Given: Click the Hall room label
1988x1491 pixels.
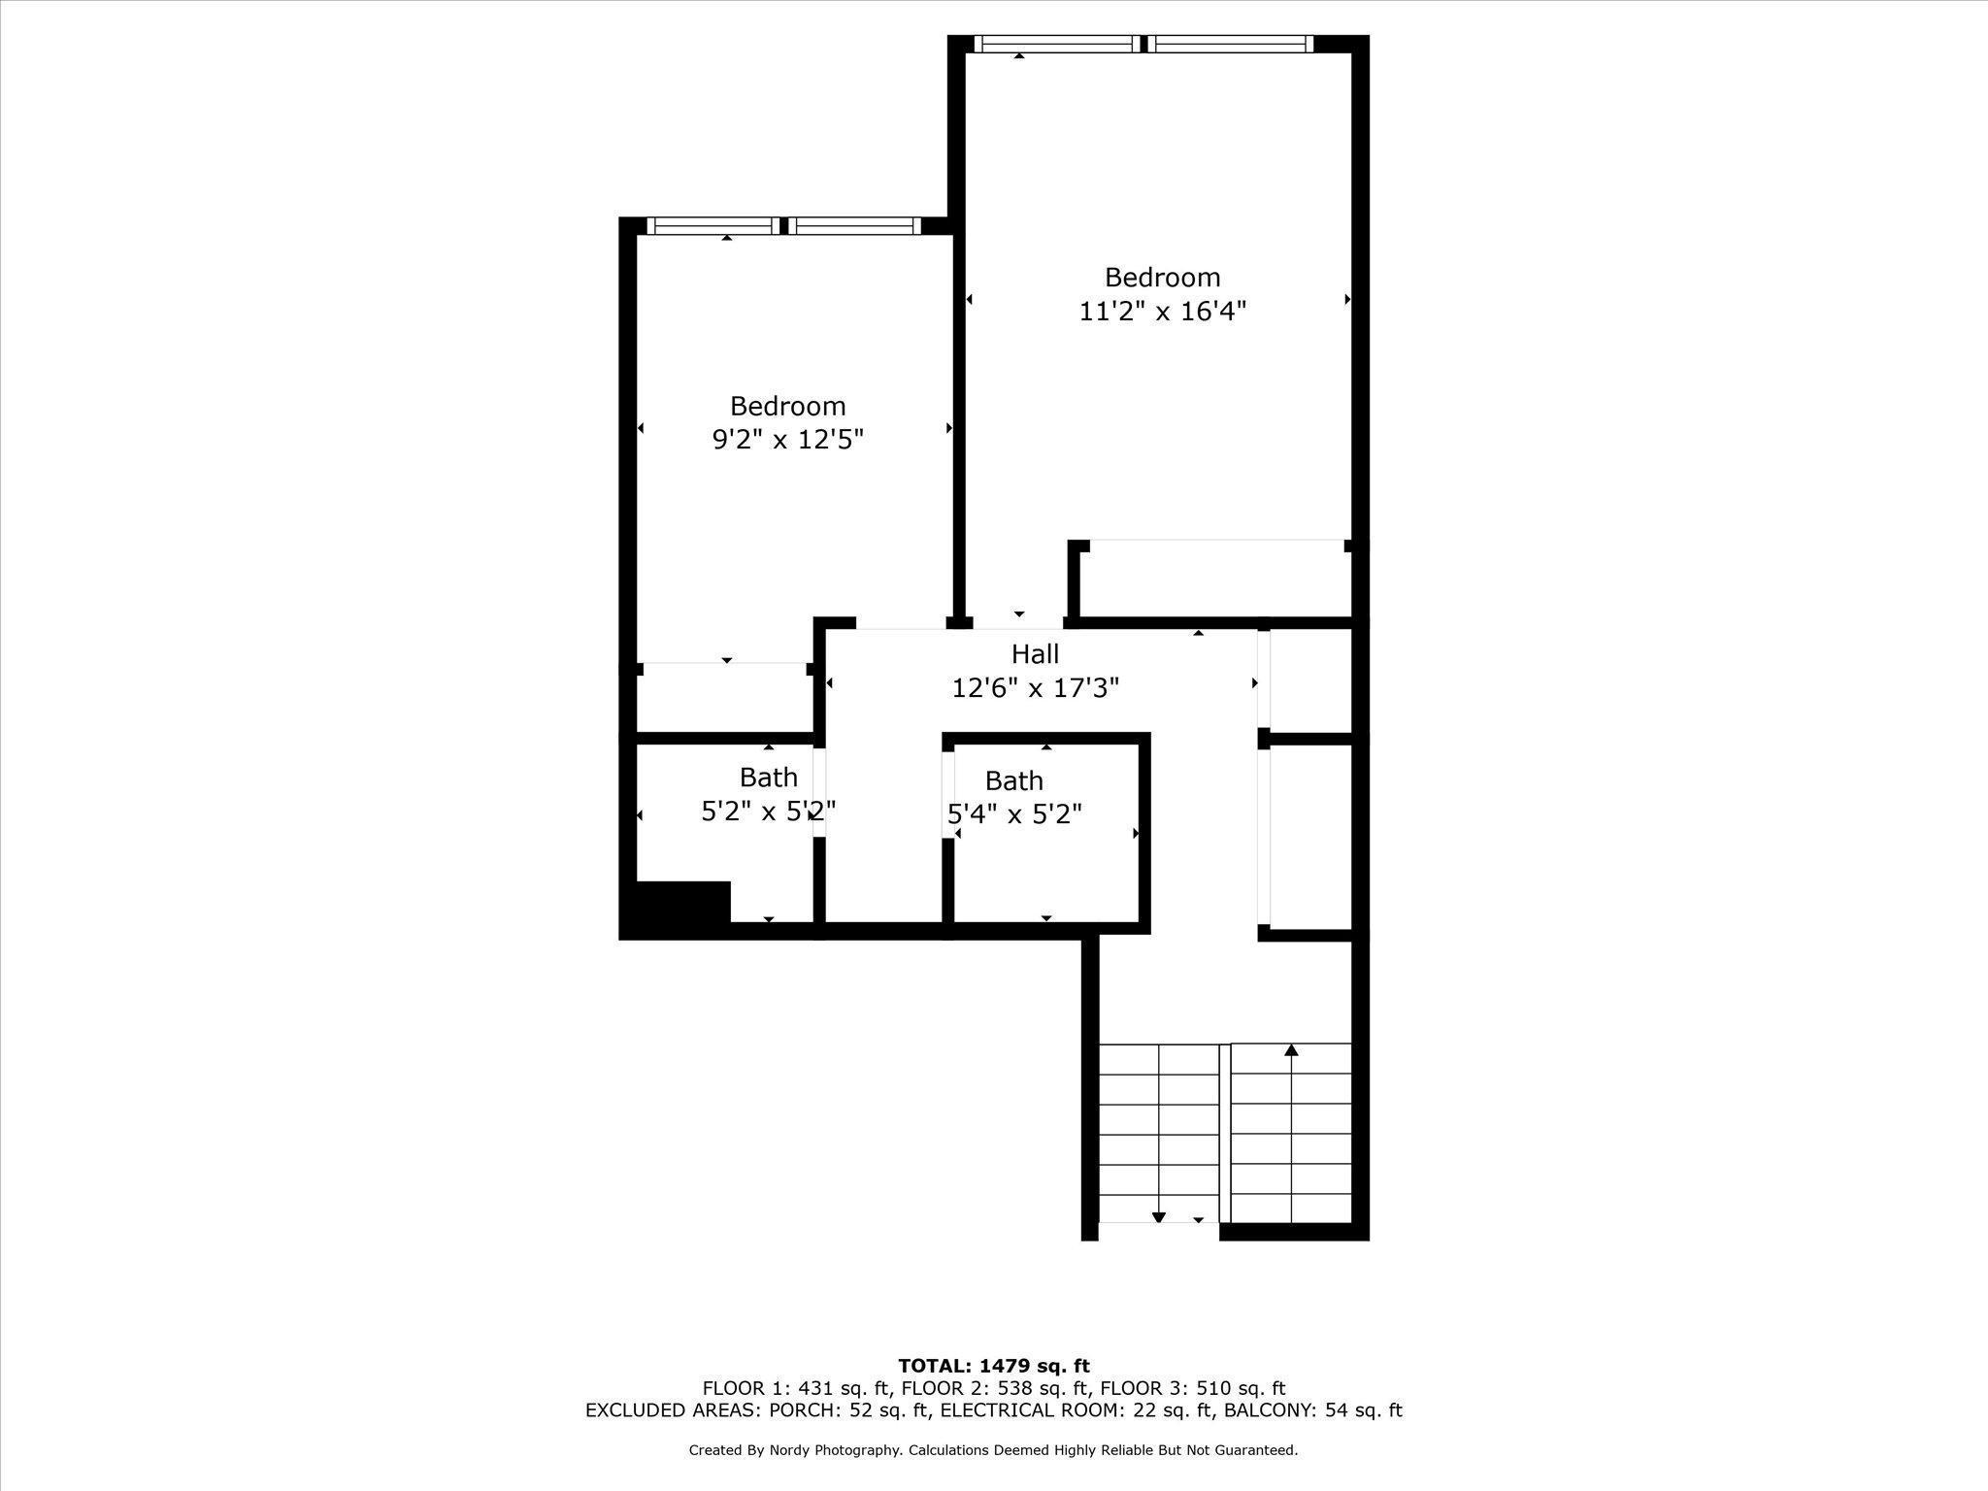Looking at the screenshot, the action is point(1035,654).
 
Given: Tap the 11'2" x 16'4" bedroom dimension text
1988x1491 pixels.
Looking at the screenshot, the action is point(1163,312).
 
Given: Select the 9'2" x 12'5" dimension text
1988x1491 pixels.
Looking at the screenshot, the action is point(788,440).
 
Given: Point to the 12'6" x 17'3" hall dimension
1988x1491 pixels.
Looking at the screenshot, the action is point(1035,688).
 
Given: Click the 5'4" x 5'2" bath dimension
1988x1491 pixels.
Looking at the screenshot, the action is point(1014,813).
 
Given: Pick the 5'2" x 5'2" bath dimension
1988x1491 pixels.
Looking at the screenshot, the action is point(768,811).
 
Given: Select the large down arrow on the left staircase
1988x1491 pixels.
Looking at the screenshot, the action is point(1158,1217).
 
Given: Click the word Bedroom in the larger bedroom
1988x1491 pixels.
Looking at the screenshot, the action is point(1163,278).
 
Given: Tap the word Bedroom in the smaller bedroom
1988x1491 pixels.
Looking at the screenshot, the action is point(788,406).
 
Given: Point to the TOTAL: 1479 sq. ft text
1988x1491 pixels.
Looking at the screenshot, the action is point(994,1367).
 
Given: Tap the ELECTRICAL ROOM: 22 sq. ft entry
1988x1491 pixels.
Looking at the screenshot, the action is point(1077,1410).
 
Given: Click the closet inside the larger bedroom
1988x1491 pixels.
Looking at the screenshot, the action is point(1216,579).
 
